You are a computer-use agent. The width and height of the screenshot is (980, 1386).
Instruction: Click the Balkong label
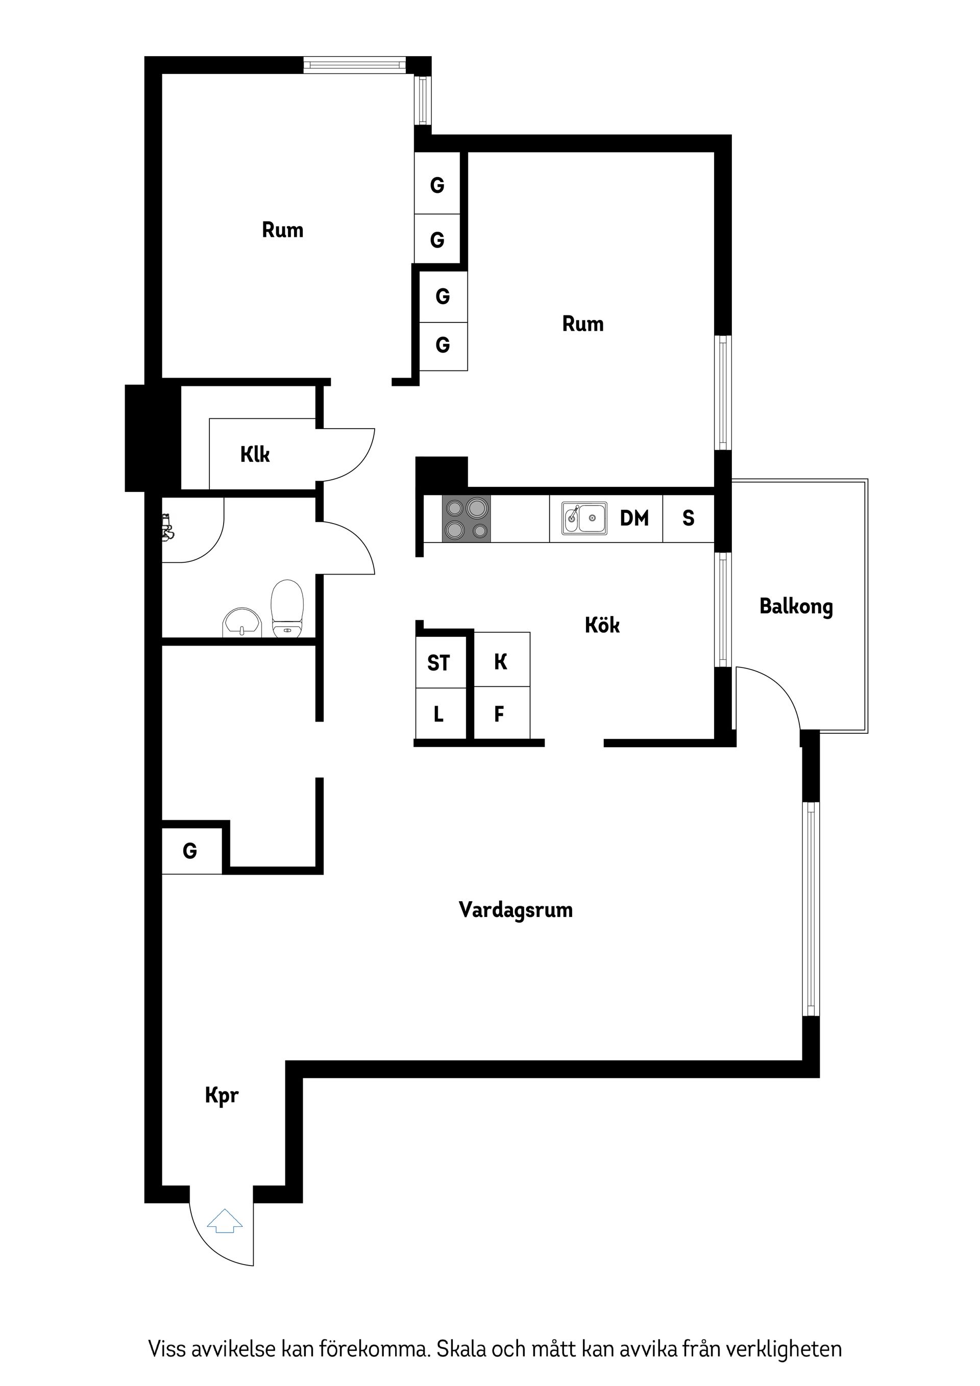pyautogui.click(x=796, y=607)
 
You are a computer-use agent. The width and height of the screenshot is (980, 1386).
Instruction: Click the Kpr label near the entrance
pyautogui.click(x=222, y=1096)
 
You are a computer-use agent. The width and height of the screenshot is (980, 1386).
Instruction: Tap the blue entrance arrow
pyautogui.click(x=225, y=1221)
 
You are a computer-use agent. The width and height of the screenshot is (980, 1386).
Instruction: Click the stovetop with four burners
pyautogui.click(x=466, y=518)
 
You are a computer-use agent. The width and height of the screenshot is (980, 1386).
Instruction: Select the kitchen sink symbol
pyautogui.click(x=584, y=518)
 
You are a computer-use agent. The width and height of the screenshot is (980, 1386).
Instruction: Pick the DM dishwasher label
pyautogui.click(x=634, y=518)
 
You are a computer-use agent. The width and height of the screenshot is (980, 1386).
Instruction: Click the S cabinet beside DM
pyautogui.click(x=689, y=518)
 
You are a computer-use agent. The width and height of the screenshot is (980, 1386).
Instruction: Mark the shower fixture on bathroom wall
pyautogui.click(x=167, y=527)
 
